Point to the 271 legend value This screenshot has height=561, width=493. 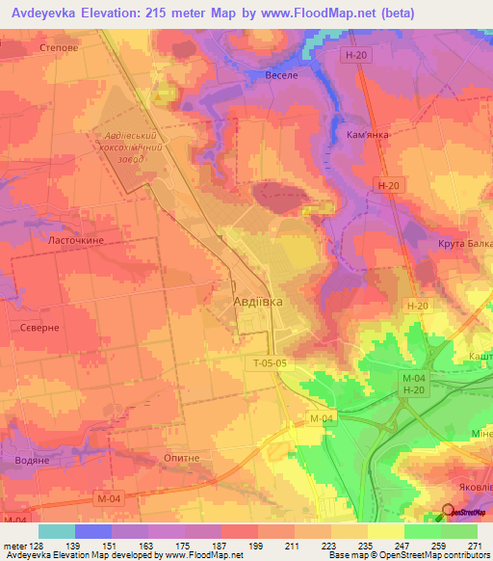click(x=474, y=545)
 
